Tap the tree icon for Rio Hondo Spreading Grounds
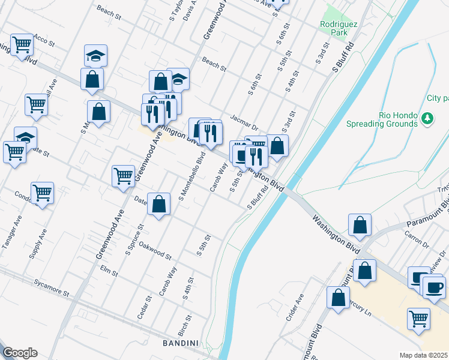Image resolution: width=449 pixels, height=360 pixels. tap(427, 118)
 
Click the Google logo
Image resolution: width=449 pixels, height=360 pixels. tap(20, 353)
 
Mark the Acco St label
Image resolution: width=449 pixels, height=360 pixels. tap(44, 40)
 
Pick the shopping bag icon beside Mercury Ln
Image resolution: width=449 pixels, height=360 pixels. tap(338, 297)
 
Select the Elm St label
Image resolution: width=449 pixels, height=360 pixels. tap(109, 269)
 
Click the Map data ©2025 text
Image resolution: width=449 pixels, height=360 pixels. tap(424, 355)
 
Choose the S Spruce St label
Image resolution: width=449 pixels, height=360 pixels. tap(134, 240)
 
